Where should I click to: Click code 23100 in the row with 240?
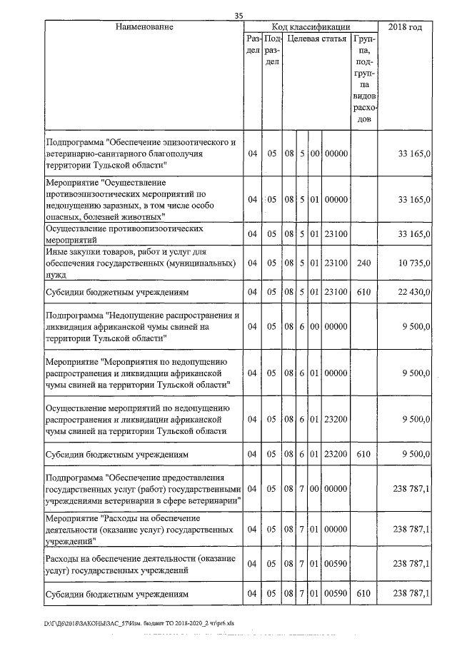335,263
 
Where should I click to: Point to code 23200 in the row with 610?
335,454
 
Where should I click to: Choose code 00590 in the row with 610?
335,593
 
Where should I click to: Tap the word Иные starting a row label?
56,253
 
